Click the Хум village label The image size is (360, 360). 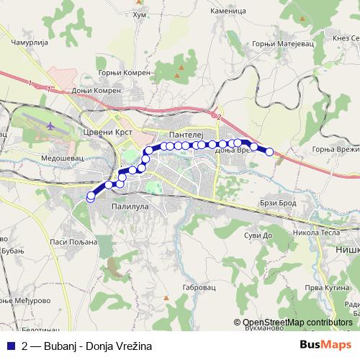tap(140, 14)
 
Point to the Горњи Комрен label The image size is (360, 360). tap(125, 73)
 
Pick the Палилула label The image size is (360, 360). tap(130, 207)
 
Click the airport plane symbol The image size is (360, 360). tap(50, 125)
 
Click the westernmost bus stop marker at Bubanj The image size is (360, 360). tap(91, 197)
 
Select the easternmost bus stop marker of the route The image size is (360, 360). tap(269, 152)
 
